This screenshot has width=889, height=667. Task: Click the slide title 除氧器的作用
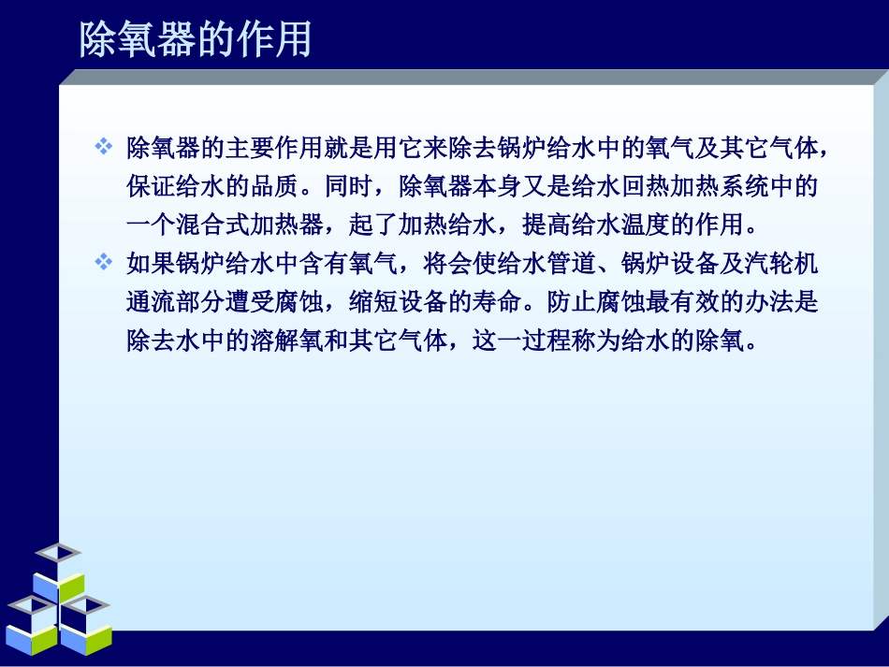(x=195, y=39)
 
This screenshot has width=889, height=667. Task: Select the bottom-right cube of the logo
(x=85, y=622)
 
